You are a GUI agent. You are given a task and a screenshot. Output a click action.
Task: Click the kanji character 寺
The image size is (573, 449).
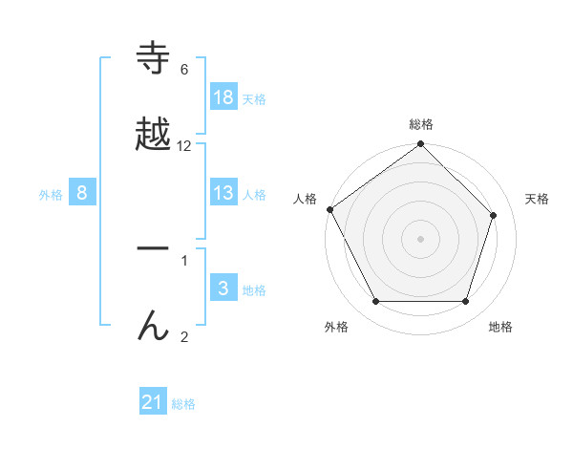pos(153,59)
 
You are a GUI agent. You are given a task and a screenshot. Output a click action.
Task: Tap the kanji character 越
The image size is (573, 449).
pos(153,135)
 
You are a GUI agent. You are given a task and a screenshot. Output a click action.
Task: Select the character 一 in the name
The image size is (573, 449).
pos(153,249)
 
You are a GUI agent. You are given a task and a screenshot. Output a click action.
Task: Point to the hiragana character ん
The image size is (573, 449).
pos(153,325)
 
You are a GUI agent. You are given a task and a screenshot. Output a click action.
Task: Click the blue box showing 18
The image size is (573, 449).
pos(223,97)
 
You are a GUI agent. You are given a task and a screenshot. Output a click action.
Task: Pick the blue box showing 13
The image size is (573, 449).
pos(223,193)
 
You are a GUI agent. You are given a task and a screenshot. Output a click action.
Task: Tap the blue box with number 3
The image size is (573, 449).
pos(223,289)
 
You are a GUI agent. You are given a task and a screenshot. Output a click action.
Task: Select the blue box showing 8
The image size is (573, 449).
pos(82,193)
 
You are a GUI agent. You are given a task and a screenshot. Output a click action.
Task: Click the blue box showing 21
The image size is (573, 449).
pos(153,403)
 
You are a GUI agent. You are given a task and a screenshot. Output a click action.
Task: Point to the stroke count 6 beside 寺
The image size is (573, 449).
pos(184,69)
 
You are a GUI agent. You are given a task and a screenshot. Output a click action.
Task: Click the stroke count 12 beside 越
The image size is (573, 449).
pos(184,145)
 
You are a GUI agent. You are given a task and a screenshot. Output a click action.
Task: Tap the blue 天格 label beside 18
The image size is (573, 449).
pos(254,98)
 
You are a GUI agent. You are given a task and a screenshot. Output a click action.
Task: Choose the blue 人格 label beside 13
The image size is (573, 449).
pos(254,194)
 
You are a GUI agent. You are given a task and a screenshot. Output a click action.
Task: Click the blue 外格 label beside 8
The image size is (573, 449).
pos(51,194)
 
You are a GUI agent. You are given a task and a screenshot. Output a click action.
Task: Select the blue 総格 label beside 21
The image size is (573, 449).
pos(183,404)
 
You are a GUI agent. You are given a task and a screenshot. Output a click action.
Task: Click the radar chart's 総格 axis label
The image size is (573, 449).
pos(421,124)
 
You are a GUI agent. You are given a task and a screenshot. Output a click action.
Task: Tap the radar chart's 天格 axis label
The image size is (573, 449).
pos(537,199)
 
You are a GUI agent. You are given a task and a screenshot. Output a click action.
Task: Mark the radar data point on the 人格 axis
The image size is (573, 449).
pos(329,209)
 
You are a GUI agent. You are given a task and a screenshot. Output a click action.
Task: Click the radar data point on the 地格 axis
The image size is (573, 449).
pos(465,302)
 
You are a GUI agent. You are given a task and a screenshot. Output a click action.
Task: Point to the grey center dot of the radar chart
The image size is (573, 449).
pos(420,239)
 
